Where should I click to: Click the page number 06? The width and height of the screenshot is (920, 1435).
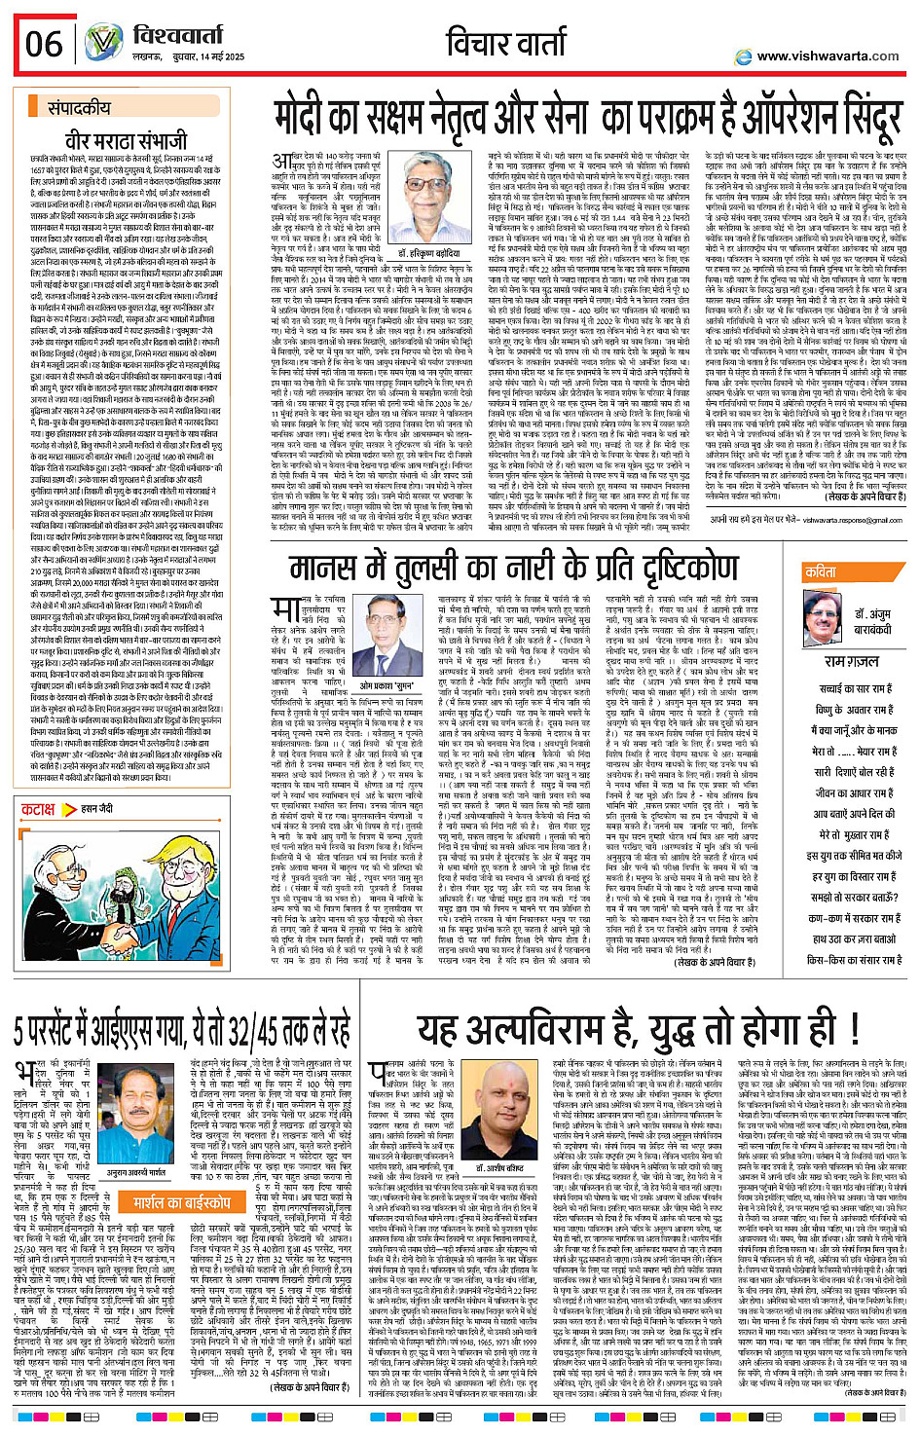pos(44,44)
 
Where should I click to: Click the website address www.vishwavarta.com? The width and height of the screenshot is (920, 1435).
pos(828,56)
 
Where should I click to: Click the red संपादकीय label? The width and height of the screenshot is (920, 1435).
pos(86,109)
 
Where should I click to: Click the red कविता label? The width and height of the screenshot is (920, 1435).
pos(821,572)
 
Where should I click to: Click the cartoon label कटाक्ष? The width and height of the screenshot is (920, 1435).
pos(38,809)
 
